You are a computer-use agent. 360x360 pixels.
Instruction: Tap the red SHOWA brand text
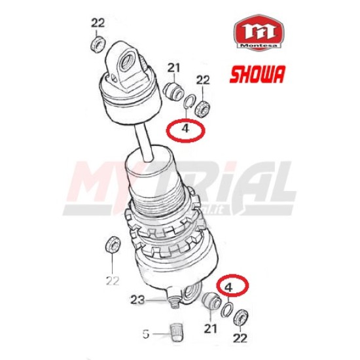[x=258, y=74]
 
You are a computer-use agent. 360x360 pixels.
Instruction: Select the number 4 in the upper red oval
[x=185, y=128]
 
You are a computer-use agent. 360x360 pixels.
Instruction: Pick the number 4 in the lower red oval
[x=228, y=287]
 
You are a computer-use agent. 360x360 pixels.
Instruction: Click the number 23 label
[x=138, y=300]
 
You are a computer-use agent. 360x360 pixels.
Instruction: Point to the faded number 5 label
[x=146, y=334]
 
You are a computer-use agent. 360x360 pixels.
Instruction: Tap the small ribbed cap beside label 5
[x=175, y=333]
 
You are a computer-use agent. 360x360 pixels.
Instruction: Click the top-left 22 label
[x=98, y=23]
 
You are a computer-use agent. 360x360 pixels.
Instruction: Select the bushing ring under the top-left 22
[x=98, y=44]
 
